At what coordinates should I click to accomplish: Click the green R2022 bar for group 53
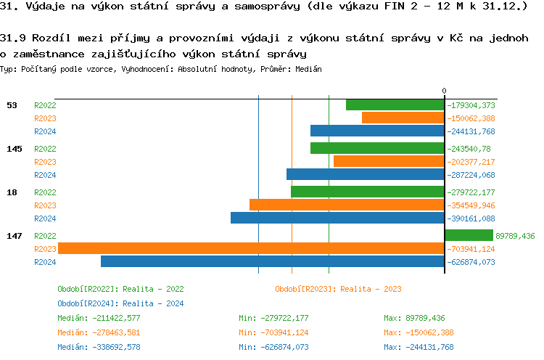[395, 105]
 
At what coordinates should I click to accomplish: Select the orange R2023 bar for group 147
[251, 248]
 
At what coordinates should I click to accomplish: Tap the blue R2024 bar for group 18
[337, 218]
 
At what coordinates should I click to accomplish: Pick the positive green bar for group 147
[469, 235]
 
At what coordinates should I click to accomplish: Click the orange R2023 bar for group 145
[389, 161]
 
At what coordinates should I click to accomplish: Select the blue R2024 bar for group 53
[377, 131]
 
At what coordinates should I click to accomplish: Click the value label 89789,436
[515, 236]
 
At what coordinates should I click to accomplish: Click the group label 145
[15, 149]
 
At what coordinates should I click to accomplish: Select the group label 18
[12, 192]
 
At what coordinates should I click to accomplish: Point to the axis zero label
[445, 91]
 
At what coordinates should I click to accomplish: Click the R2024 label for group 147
[45, 262]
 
